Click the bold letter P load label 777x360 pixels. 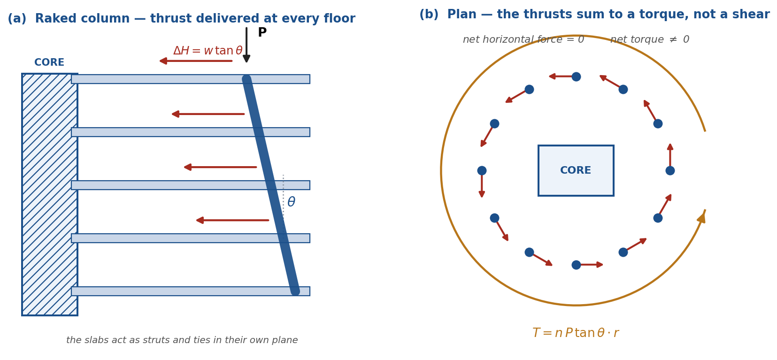click(262, 32)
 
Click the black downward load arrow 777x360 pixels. click(246, 45)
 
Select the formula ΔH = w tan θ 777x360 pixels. click(208, 51)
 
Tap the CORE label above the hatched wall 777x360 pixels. click(49, 62)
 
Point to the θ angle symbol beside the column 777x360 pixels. click(292, 202)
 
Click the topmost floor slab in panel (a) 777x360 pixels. click(191, 79)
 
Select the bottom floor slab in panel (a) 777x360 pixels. click(191, 291)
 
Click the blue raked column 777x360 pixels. click(270, 185)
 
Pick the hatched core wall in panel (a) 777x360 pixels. click(50, 195)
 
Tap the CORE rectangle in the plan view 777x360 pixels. click(576, 171)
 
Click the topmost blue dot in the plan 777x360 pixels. click(576, 77)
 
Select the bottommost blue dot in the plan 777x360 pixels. click(576, 265)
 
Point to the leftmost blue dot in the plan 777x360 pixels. click(482, 171)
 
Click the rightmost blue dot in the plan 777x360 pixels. click(670, 171)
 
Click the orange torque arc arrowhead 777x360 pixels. click(702, 217)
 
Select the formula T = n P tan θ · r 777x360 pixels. click(576, 333)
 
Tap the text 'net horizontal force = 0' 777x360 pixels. click(523, 39)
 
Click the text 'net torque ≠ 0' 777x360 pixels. click(650, 39)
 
